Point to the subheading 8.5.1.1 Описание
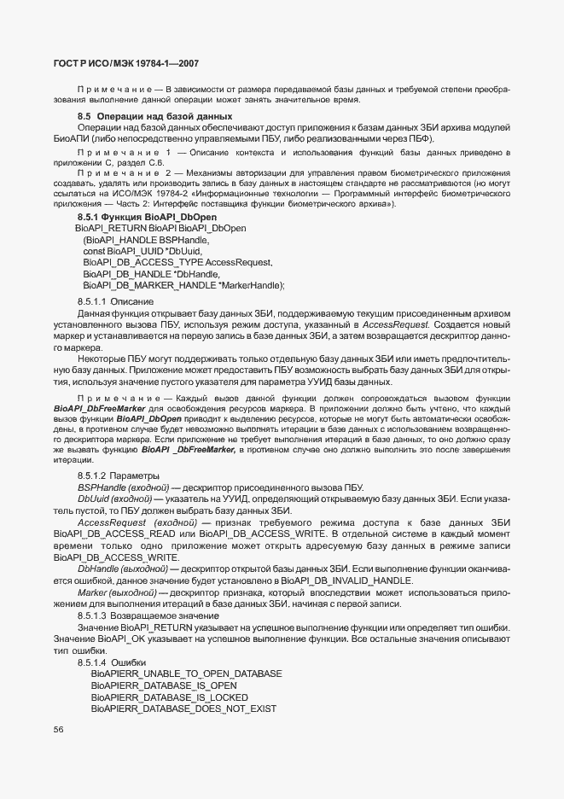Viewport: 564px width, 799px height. click(103, 302)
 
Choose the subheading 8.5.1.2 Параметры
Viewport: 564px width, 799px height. click(107, 475)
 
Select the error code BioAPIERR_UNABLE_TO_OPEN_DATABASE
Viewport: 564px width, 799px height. click(186, 674)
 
